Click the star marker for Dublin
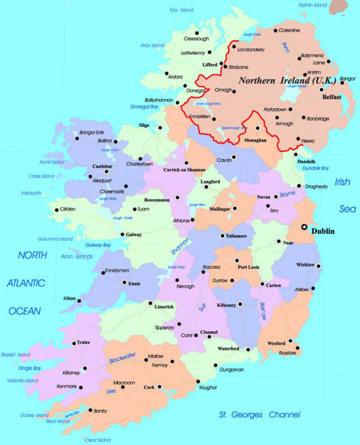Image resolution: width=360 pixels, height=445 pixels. pos(304,227)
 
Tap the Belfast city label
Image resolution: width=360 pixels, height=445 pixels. pos(331,98)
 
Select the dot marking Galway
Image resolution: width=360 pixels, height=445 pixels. pos(122,235)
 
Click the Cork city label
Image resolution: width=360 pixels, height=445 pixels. pos(149,388)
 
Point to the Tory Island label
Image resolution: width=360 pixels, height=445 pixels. pos(180,10)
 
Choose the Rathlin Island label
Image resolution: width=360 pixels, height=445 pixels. pos(313,5)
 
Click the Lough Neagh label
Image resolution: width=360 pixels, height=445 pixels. pos(297,86)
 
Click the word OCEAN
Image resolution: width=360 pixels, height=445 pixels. pos(24,311)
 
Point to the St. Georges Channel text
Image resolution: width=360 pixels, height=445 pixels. pos(259,415)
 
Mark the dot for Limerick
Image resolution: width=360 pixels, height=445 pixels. pos(150,303)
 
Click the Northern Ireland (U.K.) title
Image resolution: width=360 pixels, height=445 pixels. pos(287,80)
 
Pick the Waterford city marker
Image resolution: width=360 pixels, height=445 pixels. pos(248,349)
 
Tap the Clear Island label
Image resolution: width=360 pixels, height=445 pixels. pos(97,440)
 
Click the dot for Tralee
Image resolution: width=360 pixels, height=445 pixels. pos(74,343)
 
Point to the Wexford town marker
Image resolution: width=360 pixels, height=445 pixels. pos(290,341)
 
